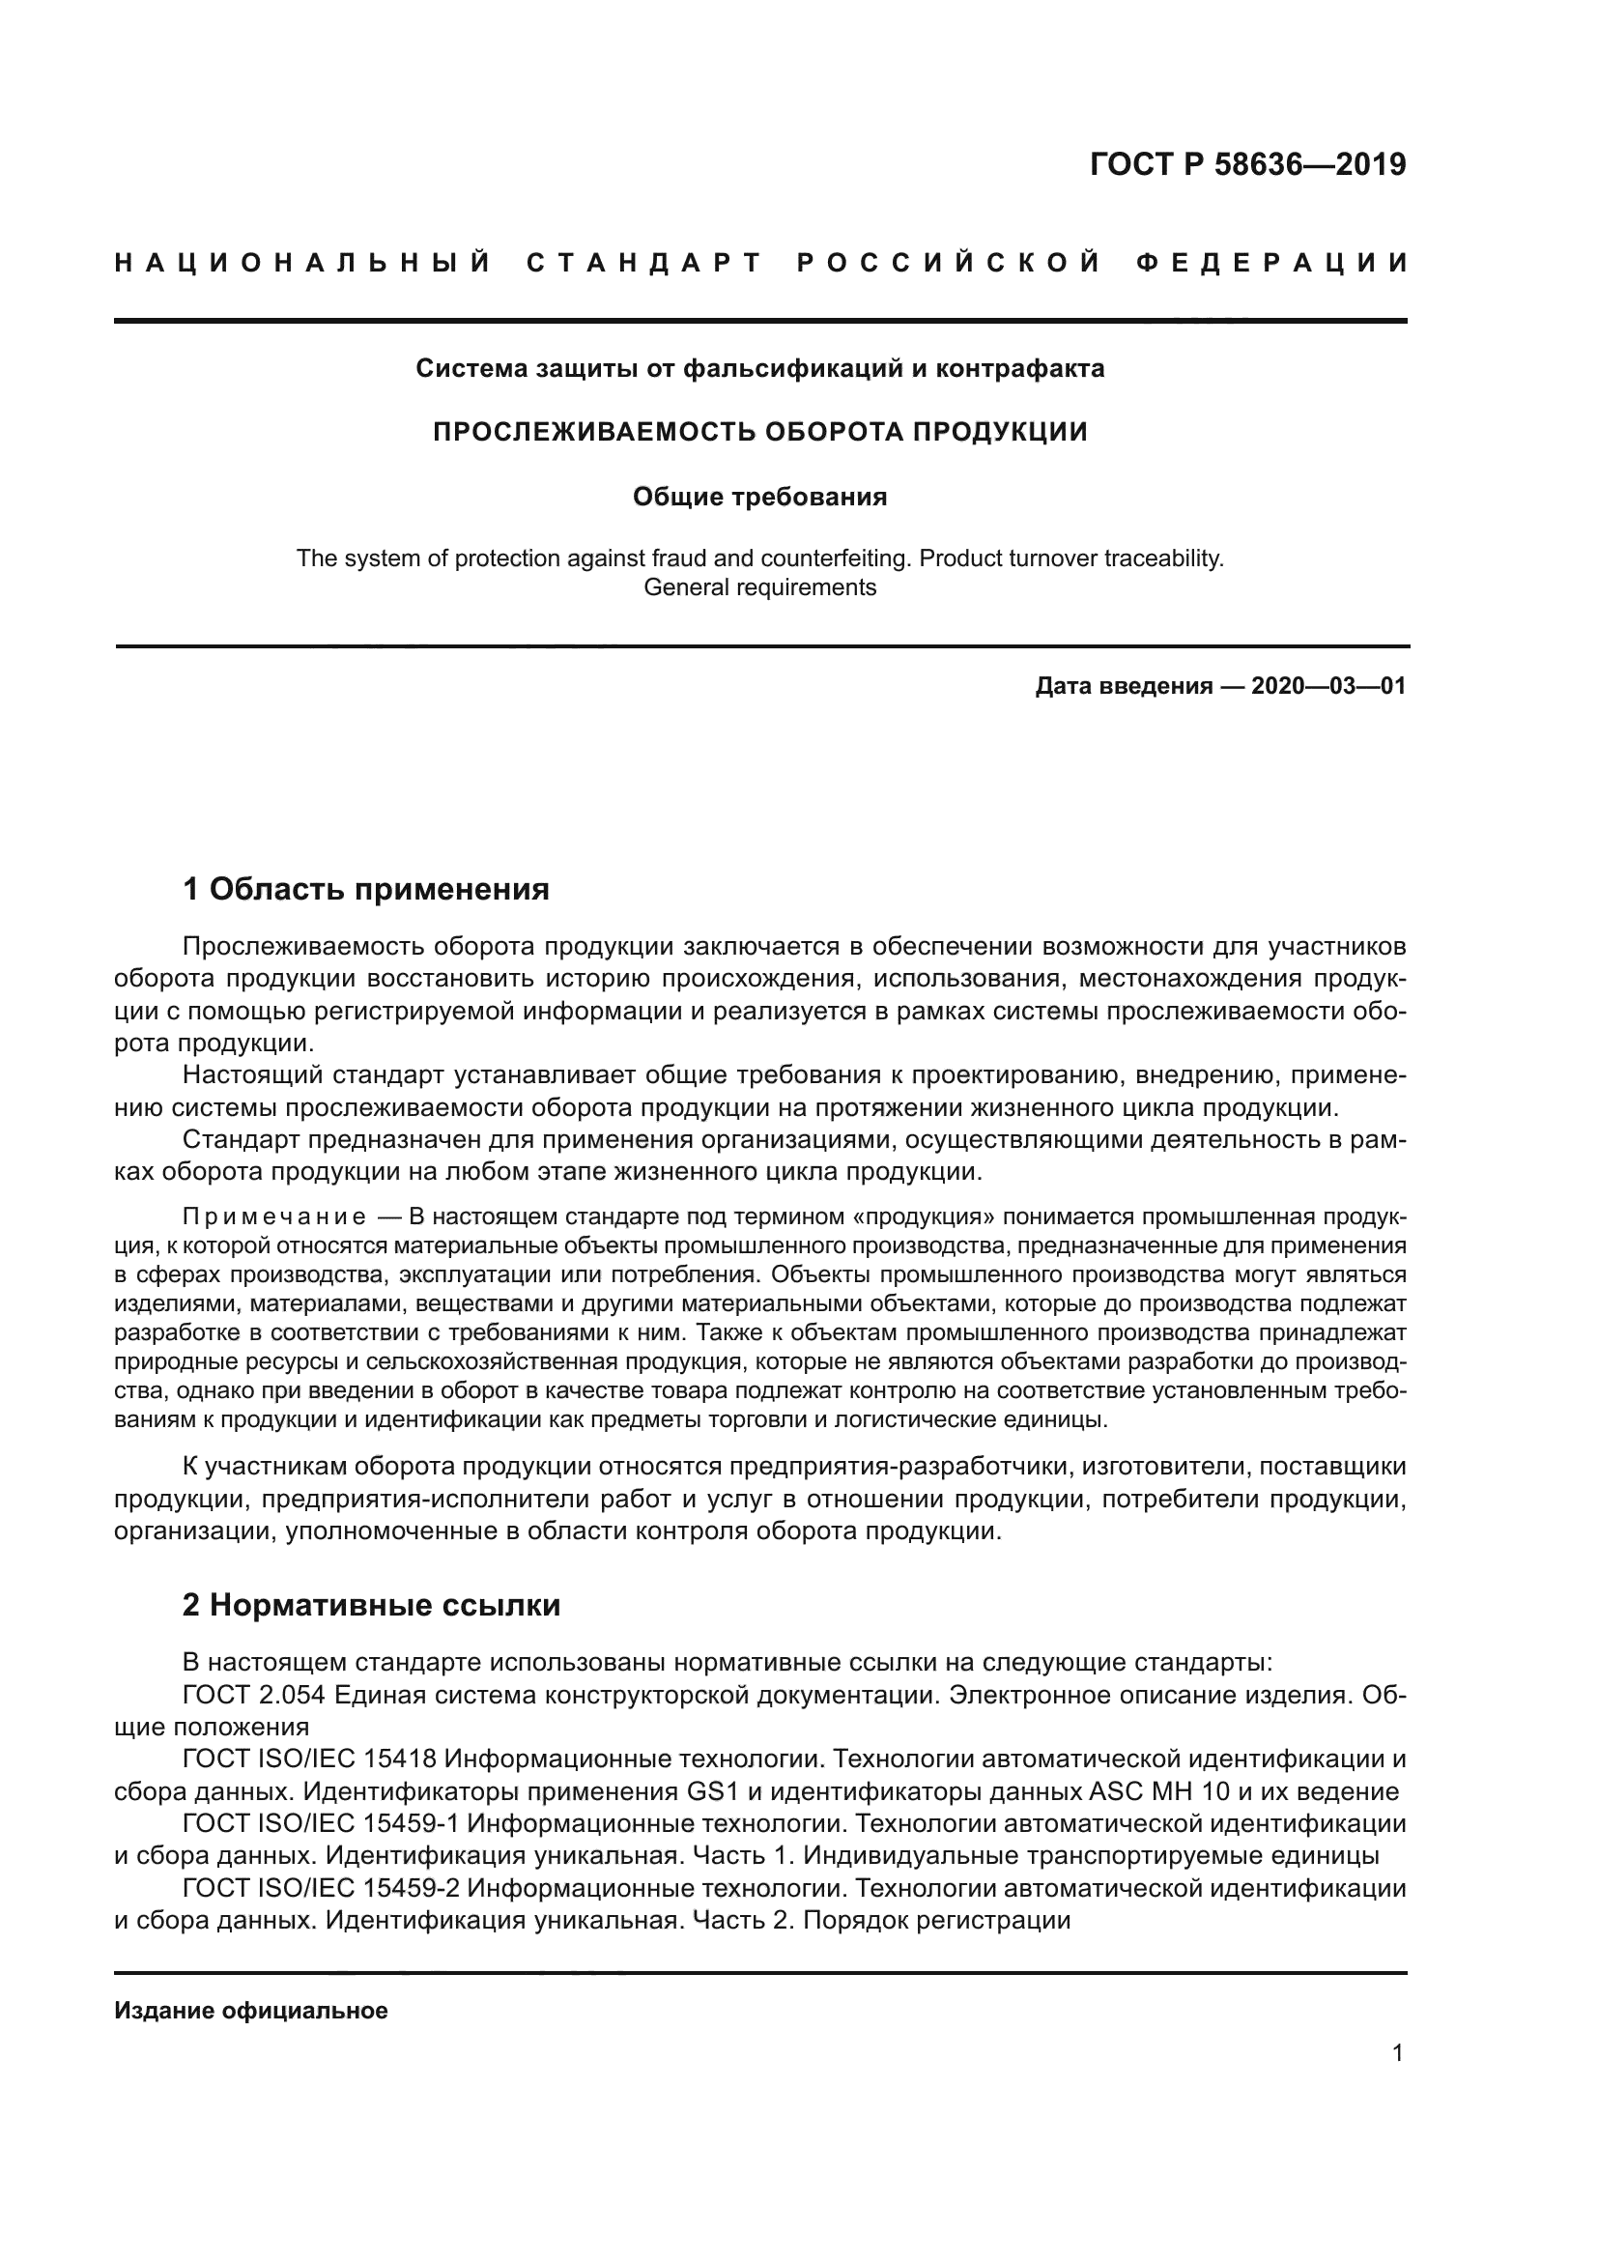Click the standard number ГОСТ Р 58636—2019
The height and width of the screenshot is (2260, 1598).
tap(1247, 164)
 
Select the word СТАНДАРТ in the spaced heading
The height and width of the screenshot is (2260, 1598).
tap(645, 263)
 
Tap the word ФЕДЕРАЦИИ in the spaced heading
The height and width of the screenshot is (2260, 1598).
tap(1271, 263)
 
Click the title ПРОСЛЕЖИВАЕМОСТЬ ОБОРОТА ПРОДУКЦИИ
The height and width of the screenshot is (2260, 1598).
tap(759, 432)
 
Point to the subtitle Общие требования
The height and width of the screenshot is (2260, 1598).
tap(759, 497)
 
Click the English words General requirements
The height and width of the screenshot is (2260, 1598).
tap(759, 587)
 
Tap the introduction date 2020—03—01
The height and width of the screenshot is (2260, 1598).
tap(1328, 686)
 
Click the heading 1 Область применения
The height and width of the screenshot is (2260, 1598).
tap(365, 890)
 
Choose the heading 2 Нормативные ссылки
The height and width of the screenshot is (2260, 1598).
tap(371, 1606)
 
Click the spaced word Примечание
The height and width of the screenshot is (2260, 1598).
tap(274, 1216)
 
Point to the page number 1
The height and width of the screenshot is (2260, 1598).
tap(1397, 2052)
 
